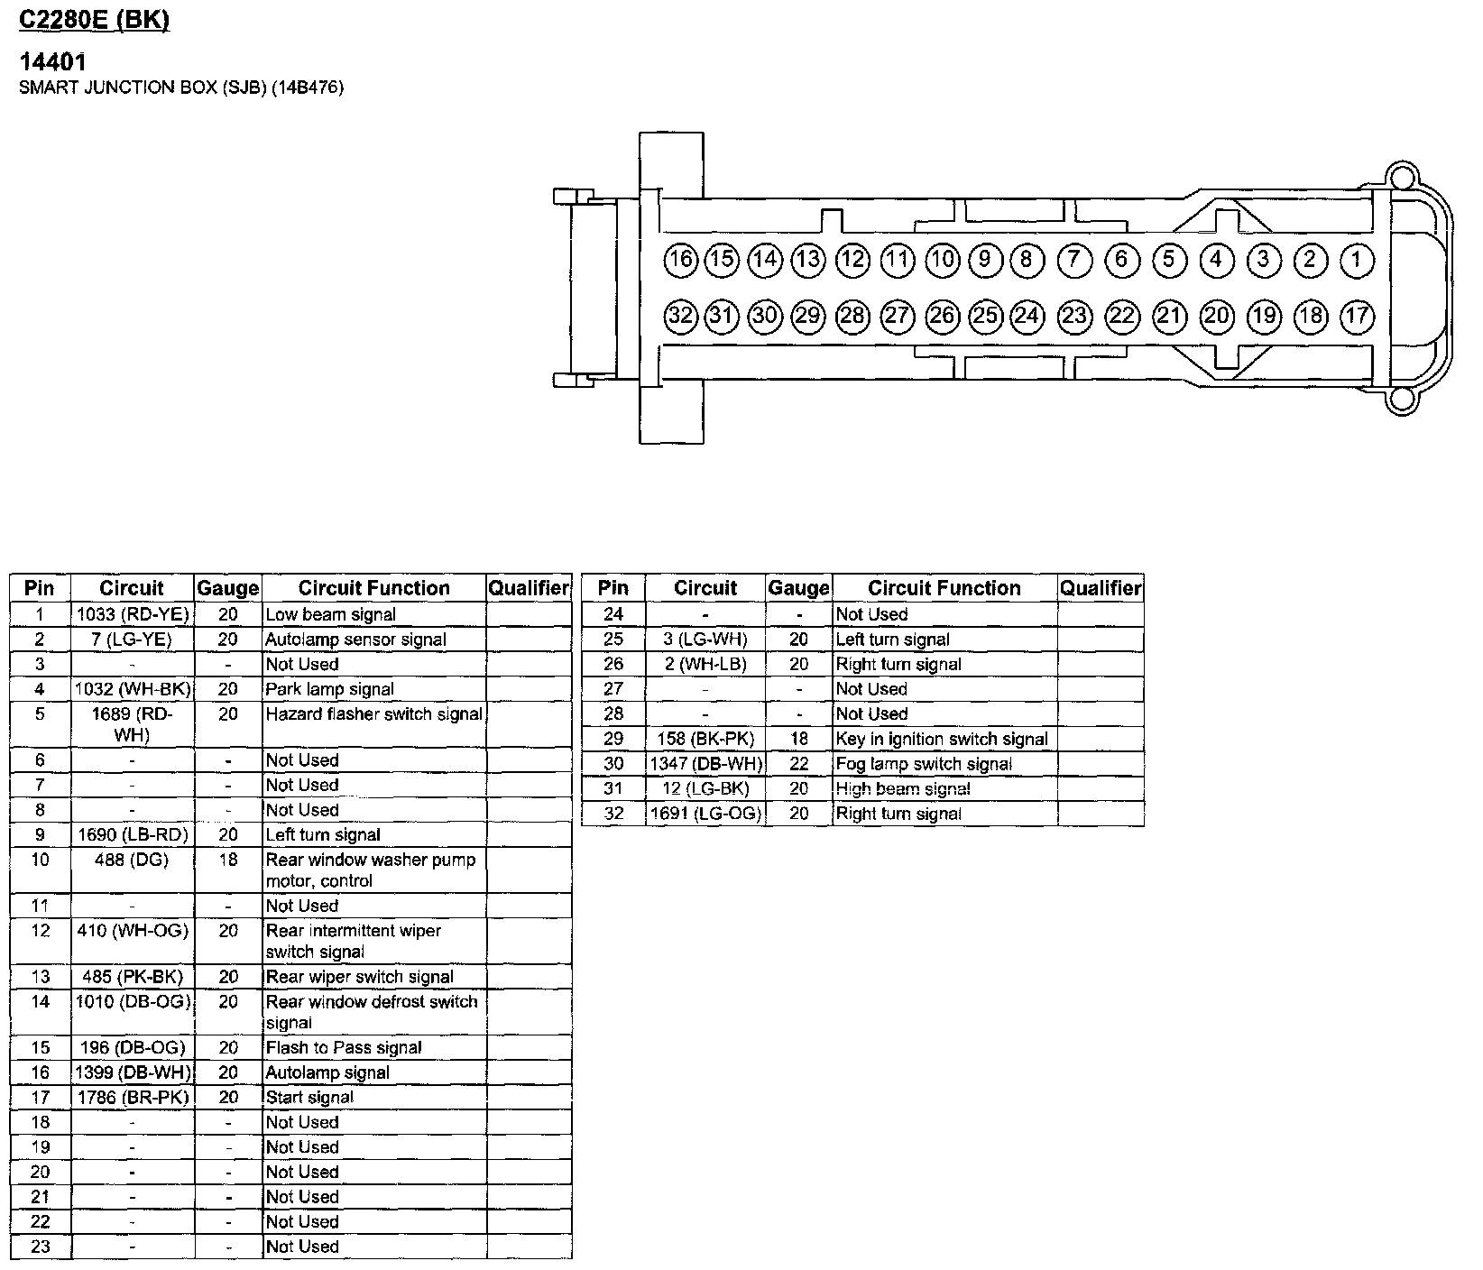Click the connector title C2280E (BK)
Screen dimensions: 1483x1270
click(x=95, y=20)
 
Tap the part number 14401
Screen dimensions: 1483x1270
click(x=53, y=62)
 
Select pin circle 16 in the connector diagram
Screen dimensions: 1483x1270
click(x=681, y=261)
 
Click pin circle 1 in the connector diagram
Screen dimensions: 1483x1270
click(x=1356, y=261)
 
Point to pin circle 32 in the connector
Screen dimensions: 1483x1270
click(x=681, y=316)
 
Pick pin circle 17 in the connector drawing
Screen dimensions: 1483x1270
click(x=1356, y=316)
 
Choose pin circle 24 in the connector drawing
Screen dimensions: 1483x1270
click(x=1027, y=316)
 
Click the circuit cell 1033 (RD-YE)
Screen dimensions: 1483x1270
click(x=133, y=615)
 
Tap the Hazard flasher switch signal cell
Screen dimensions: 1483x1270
click(x=373, y=714)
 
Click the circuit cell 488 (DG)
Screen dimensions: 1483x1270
click(x=133, y=860)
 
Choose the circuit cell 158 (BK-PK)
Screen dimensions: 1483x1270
click(x=705, y=740)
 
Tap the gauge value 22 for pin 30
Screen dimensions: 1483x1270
click(x=798, y=764)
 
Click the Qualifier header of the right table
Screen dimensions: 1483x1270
click(x=1101, y=588)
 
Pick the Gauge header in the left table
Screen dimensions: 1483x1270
click(x=227, y=588)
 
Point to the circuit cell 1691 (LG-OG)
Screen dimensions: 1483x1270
click(x=705, y=814)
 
